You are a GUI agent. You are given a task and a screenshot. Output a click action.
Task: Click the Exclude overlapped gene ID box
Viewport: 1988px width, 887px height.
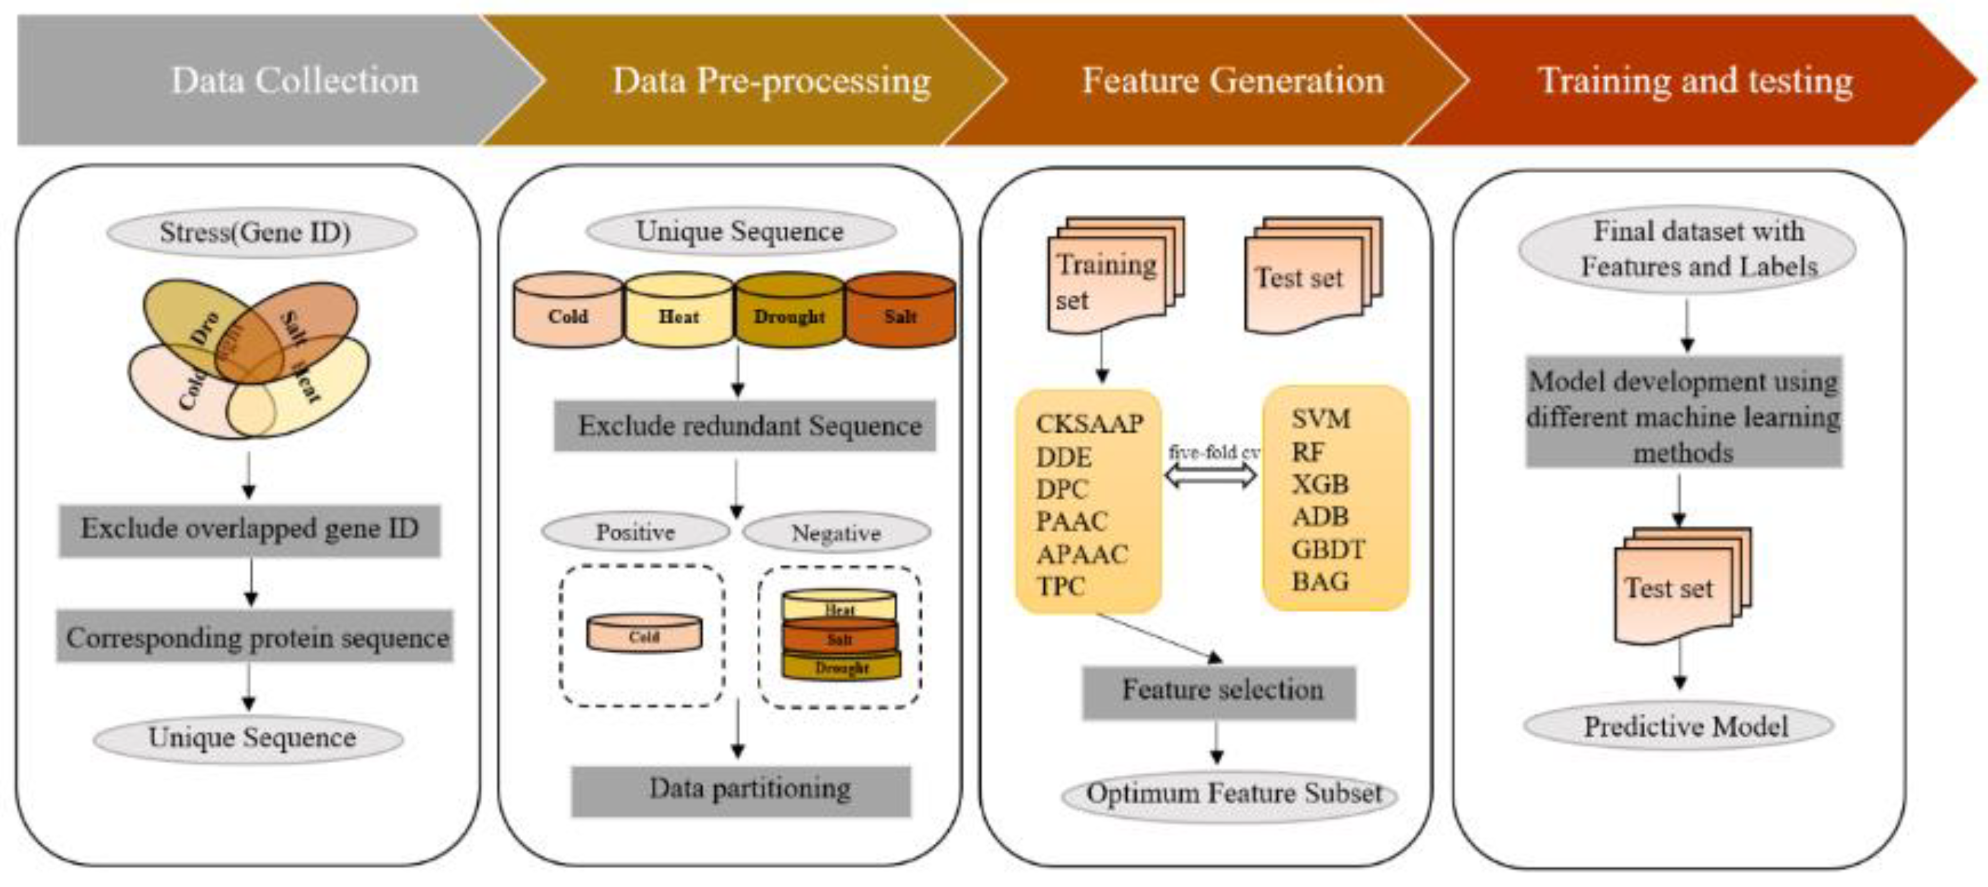[249, 530]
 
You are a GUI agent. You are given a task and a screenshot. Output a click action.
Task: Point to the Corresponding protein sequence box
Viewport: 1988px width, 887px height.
[255, 637]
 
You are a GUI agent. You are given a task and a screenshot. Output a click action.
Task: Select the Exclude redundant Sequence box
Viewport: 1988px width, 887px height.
[745, 425]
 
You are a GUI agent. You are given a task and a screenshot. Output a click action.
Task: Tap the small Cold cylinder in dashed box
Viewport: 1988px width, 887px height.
[644, 633]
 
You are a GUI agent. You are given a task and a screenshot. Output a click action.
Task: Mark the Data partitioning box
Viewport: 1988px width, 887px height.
[741, 789]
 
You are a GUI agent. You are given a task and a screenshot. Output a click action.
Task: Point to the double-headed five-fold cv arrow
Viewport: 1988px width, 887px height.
[1210, 475]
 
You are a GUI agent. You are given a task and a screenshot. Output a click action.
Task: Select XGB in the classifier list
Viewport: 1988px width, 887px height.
[1319, 484]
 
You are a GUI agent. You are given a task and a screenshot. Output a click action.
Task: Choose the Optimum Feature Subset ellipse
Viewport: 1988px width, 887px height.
[1230, 794]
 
